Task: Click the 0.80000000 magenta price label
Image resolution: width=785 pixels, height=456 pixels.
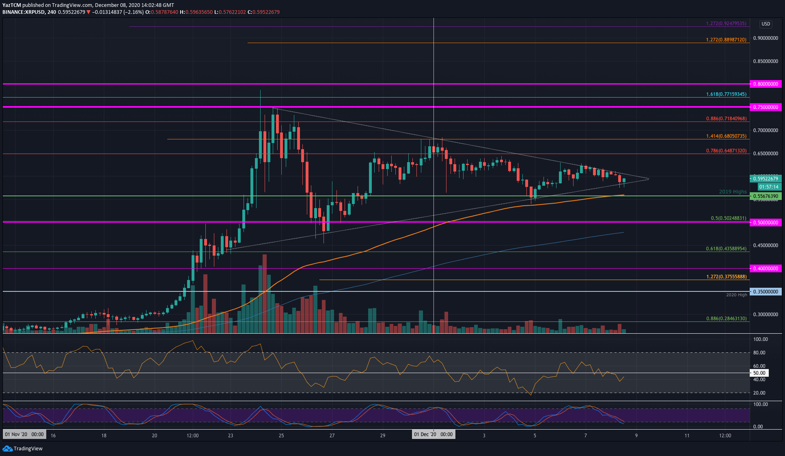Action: click(766, 84)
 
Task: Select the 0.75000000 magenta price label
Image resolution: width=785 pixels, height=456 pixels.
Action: click(766, 107)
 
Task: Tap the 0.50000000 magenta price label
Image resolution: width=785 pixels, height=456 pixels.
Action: click(766, 223)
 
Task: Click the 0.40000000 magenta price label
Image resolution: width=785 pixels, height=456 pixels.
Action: click(766, 269)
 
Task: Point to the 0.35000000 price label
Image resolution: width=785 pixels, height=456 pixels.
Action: click(766, 292)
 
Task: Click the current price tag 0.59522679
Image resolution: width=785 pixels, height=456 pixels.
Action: click(766, 178)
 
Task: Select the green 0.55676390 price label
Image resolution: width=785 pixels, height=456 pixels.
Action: click(766, 196)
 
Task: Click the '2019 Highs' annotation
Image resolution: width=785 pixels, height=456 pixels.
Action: click(733, 192)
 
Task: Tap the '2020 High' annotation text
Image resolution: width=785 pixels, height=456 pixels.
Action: click(736, 295)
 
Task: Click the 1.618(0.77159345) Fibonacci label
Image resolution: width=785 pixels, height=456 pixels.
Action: click(726, 94)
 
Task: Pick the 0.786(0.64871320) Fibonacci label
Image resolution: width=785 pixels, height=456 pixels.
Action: click(726, 151)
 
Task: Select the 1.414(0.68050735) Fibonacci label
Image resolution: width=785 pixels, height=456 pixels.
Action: click(726, 136)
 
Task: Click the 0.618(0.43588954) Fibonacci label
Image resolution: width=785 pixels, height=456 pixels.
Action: click(726, 249)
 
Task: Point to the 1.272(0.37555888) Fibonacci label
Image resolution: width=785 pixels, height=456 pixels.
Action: click(726, 277)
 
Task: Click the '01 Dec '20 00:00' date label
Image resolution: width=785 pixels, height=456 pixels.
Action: click(433, 434)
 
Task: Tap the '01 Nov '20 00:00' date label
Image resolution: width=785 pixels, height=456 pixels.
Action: click(24, 434)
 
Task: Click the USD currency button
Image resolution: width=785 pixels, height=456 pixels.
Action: click(766, 24)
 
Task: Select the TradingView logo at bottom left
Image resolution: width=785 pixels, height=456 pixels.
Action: click(23, 448)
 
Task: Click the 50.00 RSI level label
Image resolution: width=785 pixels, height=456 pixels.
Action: click(759, 373)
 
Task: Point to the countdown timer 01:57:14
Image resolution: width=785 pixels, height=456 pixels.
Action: click(768, 187)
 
